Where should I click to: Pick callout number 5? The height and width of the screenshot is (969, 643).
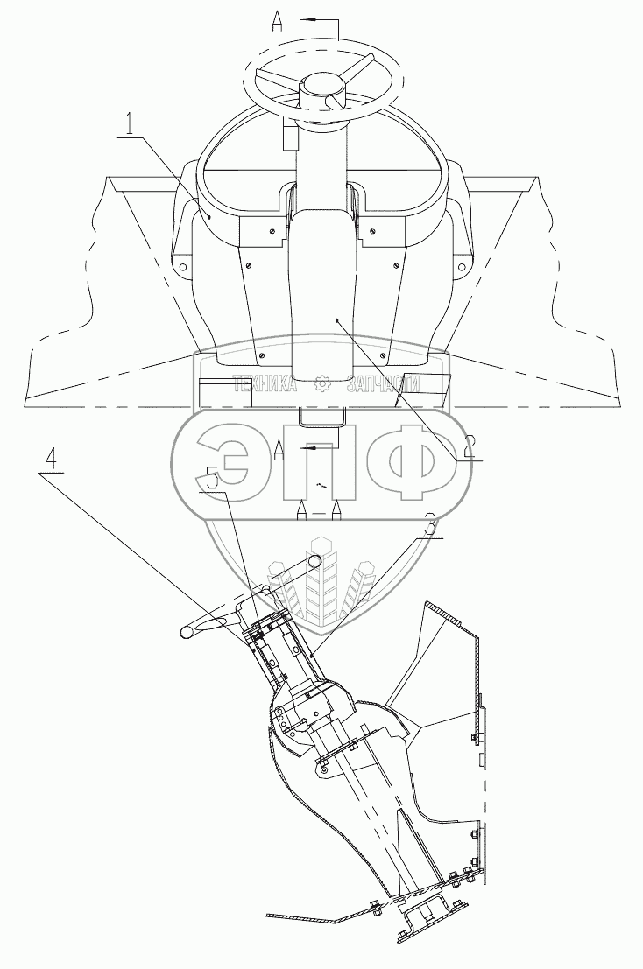210,480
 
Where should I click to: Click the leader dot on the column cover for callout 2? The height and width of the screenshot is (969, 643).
336,321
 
